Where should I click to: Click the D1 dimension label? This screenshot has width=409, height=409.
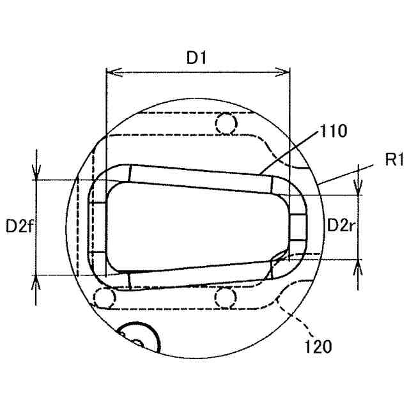coord(196,58)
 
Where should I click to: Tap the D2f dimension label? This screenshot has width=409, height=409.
coord(20,226)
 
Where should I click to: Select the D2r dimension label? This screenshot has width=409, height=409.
coord(341,225)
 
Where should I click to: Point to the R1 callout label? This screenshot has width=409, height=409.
coord(394,159)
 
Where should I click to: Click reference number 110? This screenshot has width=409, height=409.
coord(334,130)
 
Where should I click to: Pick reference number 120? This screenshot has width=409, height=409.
coord(318,346)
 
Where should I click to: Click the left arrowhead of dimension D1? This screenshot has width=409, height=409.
coord(114,72)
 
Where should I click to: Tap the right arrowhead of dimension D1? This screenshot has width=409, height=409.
coord(282,72)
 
